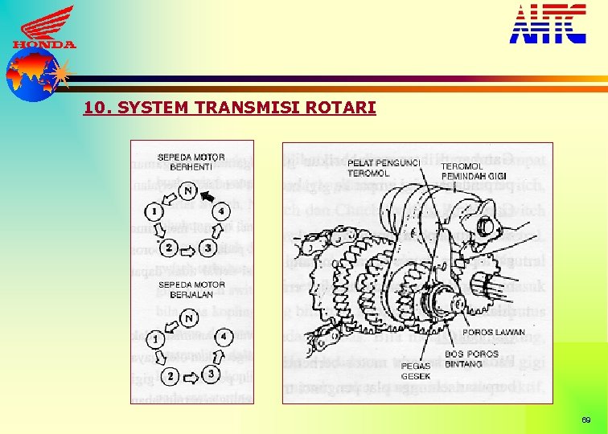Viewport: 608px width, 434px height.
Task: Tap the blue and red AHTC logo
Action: pyautogui.click(x=548, y=23)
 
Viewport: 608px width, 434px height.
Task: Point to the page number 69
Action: pyautogui.click(x=586, y=420)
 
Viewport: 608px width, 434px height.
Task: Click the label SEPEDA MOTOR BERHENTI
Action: pyautogui.click(x=191, y=161)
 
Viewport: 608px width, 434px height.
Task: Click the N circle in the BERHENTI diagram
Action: pyautogui.click(x=187, y=190)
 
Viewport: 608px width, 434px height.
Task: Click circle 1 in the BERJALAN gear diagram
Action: pyautogui.click(x=156, y=339)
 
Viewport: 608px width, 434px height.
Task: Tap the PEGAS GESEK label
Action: pyautogui.click(x=416, y=371)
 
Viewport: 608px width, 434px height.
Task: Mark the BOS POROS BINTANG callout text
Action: pyautogui.click(x=466, y=358)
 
